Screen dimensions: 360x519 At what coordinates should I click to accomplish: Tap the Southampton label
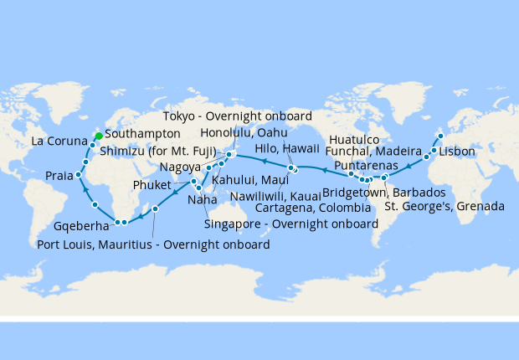click(x=142, y=133)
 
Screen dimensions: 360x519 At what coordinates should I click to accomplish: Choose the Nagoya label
click(x=179, y=167)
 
